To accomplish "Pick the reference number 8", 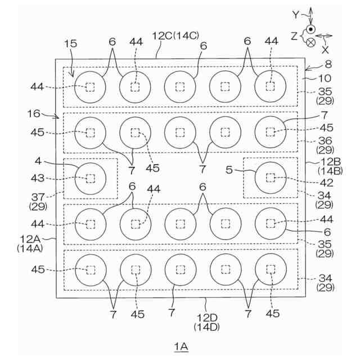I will coord(321,65).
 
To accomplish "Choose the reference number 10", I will coord(325,78).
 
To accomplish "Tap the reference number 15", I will coord(70,43).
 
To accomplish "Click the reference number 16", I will coord(34,114).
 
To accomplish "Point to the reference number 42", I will coord(326,183).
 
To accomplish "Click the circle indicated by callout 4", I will coord(90,178).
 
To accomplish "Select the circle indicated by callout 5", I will coord(270,178).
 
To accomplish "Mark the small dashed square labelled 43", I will coord(90,178).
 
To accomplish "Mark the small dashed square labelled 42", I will coord(271,178).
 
